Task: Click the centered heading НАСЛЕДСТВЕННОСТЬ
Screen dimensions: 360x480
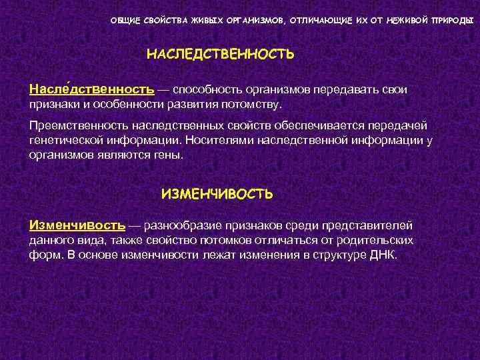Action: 220,54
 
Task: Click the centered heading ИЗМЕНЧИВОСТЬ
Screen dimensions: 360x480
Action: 217,194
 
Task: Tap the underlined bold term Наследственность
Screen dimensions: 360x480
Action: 92,89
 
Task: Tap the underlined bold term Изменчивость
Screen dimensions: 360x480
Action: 77,226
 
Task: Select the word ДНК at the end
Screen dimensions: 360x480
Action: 381,254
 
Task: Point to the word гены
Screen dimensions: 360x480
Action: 169,154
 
